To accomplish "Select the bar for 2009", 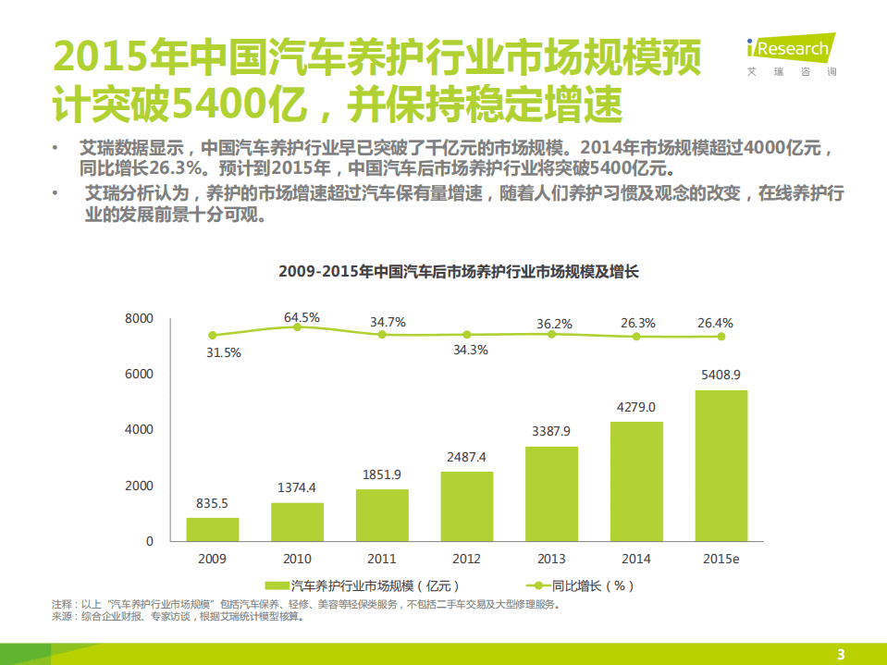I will coord(212,529).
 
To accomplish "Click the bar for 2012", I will coord(466,506).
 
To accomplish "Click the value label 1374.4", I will coord(297,487).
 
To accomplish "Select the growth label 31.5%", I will coord(224,352).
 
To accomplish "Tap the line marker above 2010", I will coord(297,327).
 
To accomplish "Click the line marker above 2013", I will coord(551,334).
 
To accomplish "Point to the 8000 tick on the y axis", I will coord(138,319).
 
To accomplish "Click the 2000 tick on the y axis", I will coord(138,486).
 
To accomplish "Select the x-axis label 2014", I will coord(636,559).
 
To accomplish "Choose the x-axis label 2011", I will coord(382,559).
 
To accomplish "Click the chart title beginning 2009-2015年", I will coord(459,273).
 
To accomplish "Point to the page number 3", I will coord(841,654).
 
